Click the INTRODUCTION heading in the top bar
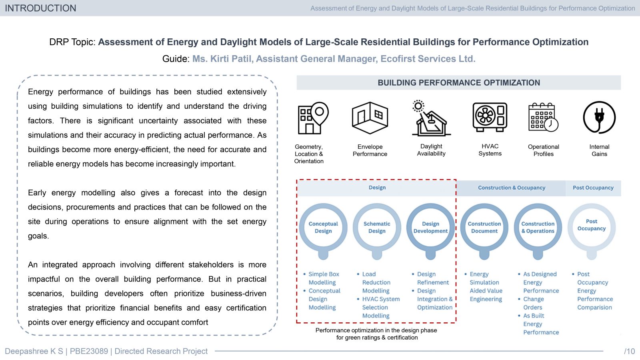point(40,8)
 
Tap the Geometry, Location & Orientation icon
point(313,118)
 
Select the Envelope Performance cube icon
point(370,118)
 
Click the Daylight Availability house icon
point(431,118)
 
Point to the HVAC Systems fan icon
point(490,117)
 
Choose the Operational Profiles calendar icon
point(543,117)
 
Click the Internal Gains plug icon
point(599,118)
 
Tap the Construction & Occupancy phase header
point(512,188)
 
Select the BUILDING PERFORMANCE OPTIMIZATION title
point(459,83)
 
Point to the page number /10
point(629,351)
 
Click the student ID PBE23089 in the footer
point(89,351)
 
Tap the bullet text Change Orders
point(534,303)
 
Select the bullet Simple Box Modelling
point(324,278)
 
